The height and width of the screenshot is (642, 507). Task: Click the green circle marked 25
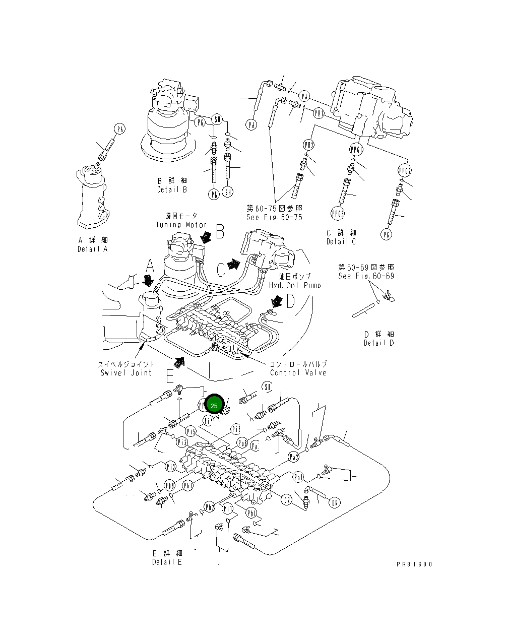(214, 406)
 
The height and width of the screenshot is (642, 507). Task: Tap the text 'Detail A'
(92, 249)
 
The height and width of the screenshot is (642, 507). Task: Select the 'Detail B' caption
(171, 189)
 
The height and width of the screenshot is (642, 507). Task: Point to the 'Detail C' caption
(341, 241)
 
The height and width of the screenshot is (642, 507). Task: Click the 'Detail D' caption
(379, 343)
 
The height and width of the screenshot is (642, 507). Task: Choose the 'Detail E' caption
(167, 562)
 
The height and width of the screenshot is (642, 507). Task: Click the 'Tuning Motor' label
(181, 225)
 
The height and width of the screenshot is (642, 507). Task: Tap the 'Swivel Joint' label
(126, 372)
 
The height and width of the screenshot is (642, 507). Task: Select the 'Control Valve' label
(298, 372)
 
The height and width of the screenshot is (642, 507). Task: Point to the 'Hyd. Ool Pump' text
(295, 285)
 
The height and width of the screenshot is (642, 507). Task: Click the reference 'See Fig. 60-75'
(274, 217)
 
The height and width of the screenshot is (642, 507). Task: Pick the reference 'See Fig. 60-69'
(366, 276)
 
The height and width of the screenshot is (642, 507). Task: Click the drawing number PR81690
(414, 564)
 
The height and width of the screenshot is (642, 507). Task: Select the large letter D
(291, 301)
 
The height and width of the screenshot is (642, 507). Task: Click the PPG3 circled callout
(338, 213)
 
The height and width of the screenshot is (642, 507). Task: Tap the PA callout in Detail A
(119, 130)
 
